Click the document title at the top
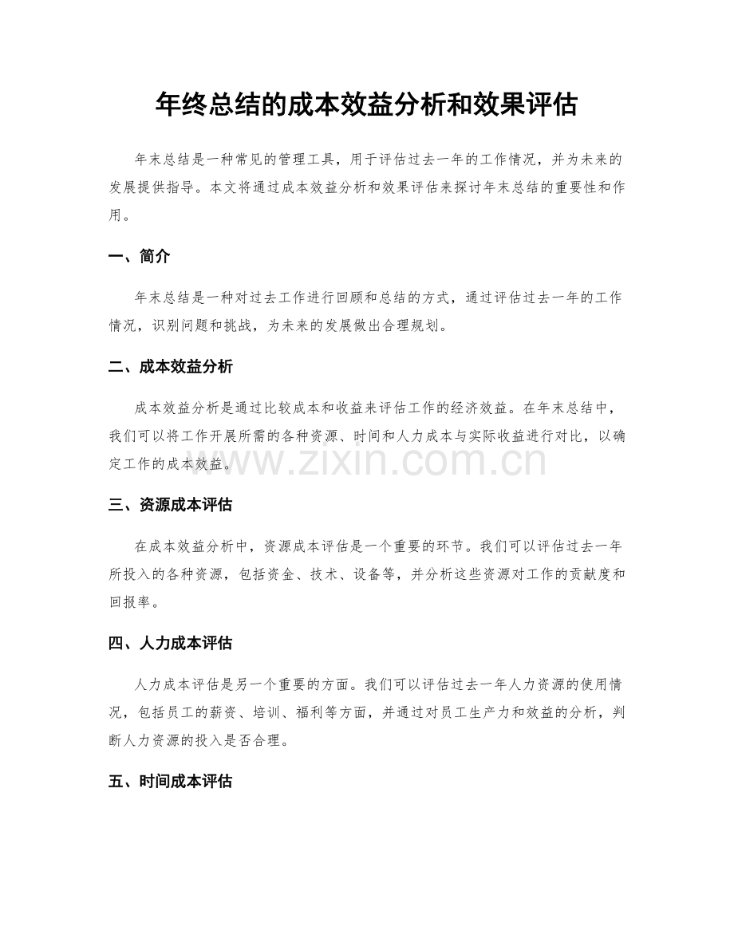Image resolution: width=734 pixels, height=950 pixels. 366,104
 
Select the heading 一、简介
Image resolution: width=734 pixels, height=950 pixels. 139,256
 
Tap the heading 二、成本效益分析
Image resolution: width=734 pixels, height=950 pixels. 170,367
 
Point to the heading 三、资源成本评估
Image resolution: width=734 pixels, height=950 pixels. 170,505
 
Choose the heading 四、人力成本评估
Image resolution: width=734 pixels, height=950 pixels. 170,643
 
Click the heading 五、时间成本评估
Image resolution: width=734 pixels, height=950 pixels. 170,782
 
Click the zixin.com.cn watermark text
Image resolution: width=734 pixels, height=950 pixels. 366,462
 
